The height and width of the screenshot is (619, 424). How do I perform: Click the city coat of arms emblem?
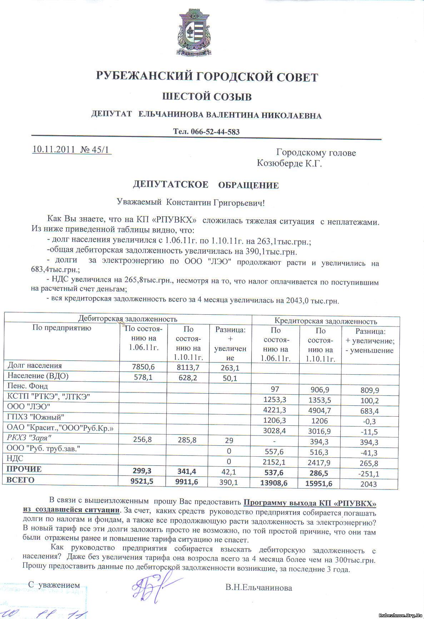pos(194,34)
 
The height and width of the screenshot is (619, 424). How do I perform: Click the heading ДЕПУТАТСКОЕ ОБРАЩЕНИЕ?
pos(206,185)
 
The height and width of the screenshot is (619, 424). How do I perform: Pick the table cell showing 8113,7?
pos(188,367)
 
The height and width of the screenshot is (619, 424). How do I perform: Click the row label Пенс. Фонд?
pos(28,386)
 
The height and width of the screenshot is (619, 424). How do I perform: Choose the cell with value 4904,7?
pos(320,410)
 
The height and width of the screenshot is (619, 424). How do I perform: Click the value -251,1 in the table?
pos(370,474)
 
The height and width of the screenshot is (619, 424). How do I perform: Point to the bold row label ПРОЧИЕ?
pos(24,470)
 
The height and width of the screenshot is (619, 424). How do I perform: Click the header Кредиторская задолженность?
pos(325,321)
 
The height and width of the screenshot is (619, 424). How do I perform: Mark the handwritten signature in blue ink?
pos(150,585)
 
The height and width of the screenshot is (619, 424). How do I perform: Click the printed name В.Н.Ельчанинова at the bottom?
pos(259,588)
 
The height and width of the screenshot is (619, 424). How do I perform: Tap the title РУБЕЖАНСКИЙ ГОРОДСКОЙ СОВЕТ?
pos(207,77)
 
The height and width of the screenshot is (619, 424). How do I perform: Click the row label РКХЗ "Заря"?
pos(28,437)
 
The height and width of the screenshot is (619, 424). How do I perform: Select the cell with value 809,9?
pos(370,390)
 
